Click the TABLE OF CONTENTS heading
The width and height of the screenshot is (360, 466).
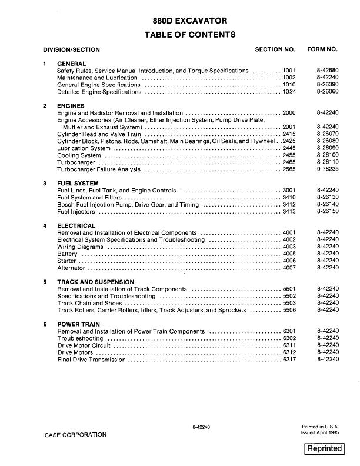tap(190, 35)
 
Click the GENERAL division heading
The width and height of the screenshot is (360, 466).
tap(71, 64)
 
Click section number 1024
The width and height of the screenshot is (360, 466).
tap(289, 92)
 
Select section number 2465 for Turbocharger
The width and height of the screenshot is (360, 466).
tap(289, 162)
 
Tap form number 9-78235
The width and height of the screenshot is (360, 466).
tap(328, 169)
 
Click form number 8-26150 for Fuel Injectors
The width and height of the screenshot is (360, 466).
tap(328, 212)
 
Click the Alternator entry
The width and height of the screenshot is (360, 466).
tap(71, 268)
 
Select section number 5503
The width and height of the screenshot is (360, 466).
tap(289, 304)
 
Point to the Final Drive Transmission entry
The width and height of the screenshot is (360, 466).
tap(91, 360)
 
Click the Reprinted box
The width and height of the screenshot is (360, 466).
tap(324, 448)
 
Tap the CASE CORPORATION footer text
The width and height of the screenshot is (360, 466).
tap(76, 435)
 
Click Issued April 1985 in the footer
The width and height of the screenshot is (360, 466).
tap(318, 432)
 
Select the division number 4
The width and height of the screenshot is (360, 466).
tap(45, 226)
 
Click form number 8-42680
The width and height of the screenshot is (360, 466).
tap(328, 71)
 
